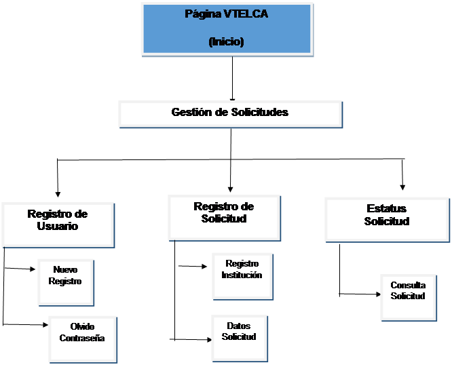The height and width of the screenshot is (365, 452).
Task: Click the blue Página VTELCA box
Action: click(227, 28)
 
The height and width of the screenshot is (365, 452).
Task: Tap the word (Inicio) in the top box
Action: click(227, 41)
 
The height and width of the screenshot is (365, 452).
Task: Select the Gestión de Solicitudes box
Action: click(229, 113)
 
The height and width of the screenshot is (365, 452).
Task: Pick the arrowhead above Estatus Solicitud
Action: click(403, 186)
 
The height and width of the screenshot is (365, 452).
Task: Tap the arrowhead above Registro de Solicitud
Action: click(231, 188)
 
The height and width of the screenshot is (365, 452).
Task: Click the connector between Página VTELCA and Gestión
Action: click(232, 78)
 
